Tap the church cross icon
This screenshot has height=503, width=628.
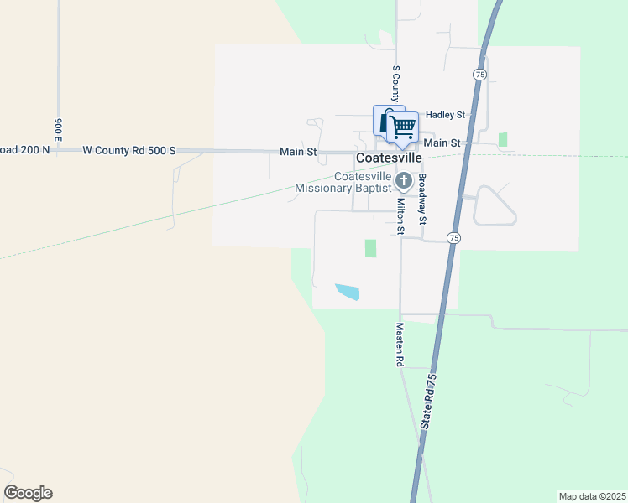click(404, 180)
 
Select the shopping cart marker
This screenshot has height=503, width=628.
click(404, 127)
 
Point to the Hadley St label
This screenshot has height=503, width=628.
click(445, 114)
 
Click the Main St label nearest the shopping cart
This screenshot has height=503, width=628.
click(442, 143)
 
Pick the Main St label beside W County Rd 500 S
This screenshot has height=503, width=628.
click(298, 152)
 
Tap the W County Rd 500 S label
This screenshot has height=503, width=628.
click(129, 150)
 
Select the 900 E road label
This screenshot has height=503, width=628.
click(59, 128)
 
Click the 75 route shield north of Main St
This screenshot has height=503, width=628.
click(479, 75)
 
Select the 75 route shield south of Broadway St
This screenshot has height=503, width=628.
click(453, 238)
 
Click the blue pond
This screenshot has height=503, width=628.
click(348, 292)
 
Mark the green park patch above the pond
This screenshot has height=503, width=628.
click(370, 248)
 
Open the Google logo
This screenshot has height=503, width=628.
click(28, 493)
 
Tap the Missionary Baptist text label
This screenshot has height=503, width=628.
click(343, 189)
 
